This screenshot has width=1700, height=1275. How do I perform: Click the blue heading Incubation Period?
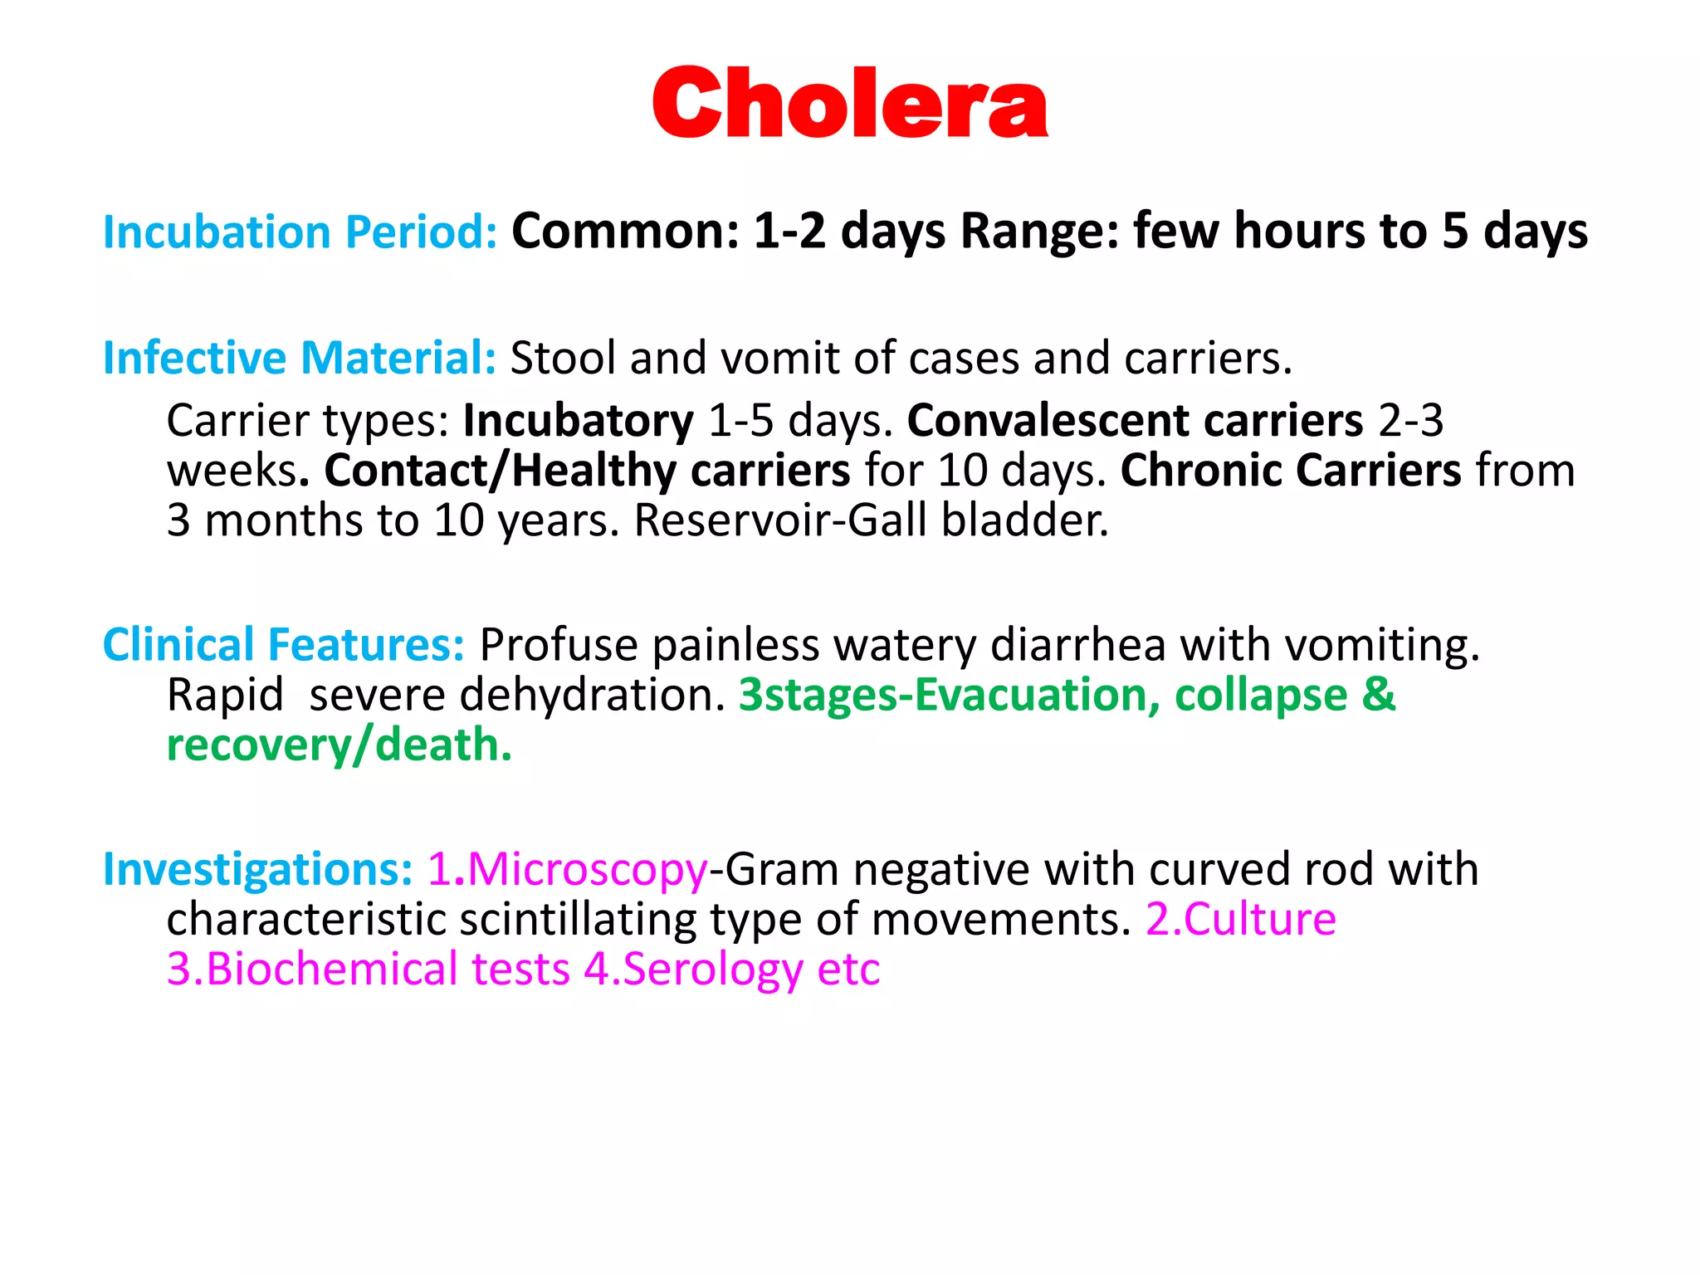click(x=300, y=232)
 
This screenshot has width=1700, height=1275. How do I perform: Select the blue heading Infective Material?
click(x=300, y=358)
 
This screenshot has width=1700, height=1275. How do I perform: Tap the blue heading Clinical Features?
click(x=284, y=645)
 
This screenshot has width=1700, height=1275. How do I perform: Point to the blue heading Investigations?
click(x=257, y=869)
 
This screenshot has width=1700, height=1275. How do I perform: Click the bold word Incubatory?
click(x=578, y=421)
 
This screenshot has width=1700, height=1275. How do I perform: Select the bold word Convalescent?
click(x=1048, y=421)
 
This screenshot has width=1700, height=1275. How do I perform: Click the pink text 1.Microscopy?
click(x=568, y=869)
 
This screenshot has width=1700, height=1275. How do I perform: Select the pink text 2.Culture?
click(x=1241, y=919)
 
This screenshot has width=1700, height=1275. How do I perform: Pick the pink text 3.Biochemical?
click(x=312, y=969)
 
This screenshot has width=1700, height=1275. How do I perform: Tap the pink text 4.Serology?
click(x=693, y=969)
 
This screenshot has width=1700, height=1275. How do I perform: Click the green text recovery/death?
click(x=339, y=745)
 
